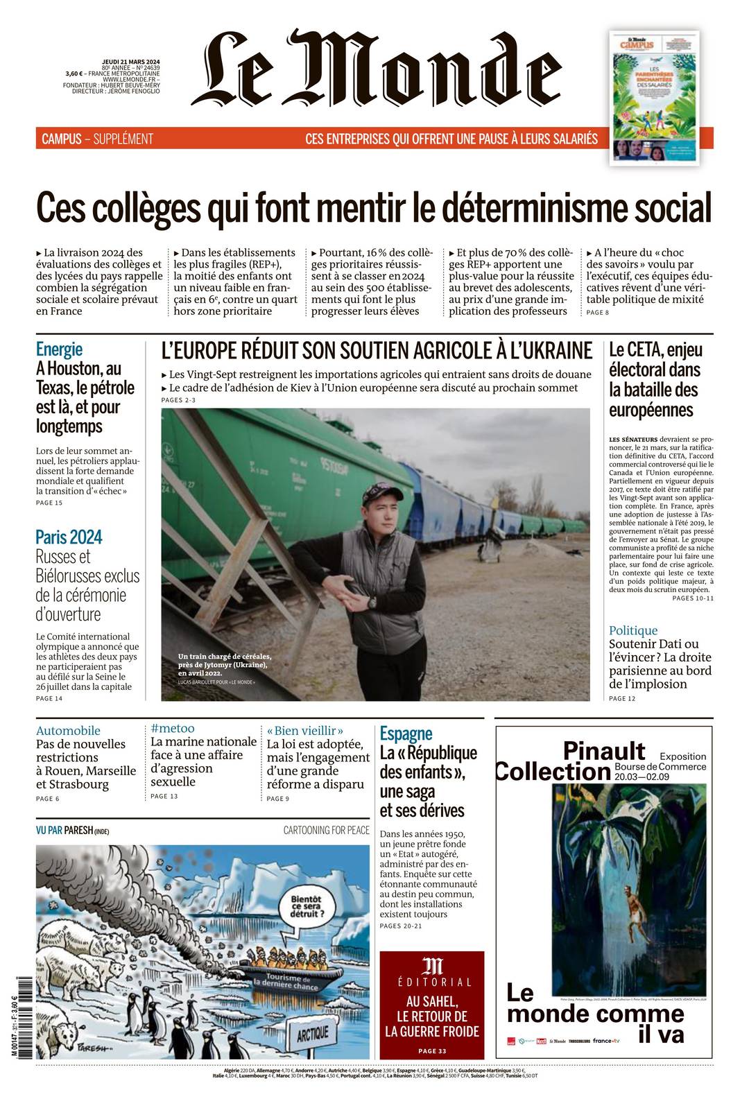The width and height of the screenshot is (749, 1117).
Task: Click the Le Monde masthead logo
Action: click(375, 69)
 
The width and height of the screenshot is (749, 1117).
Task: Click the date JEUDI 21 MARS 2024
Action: click(130, 62)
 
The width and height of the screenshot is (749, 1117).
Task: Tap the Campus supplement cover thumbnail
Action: click(654, 97)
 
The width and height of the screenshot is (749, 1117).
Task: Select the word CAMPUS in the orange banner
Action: click(61, 139)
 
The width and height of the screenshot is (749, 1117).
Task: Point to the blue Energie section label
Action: click(59, 349)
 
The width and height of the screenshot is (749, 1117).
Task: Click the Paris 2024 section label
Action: click(69, 537)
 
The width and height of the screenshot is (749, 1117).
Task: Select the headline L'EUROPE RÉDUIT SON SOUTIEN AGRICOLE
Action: click(377, 351)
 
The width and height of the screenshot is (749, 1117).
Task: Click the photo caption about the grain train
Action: click(223, 664)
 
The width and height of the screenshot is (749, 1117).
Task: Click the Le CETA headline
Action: click(655, 379)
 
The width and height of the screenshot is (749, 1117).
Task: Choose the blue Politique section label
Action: click(632, 630)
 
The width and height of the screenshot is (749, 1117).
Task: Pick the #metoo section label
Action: click(173, 728)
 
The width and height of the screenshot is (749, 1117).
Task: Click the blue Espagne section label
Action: click(406, 733)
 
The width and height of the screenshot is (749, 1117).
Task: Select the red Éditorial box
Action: click(431, 1004)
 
